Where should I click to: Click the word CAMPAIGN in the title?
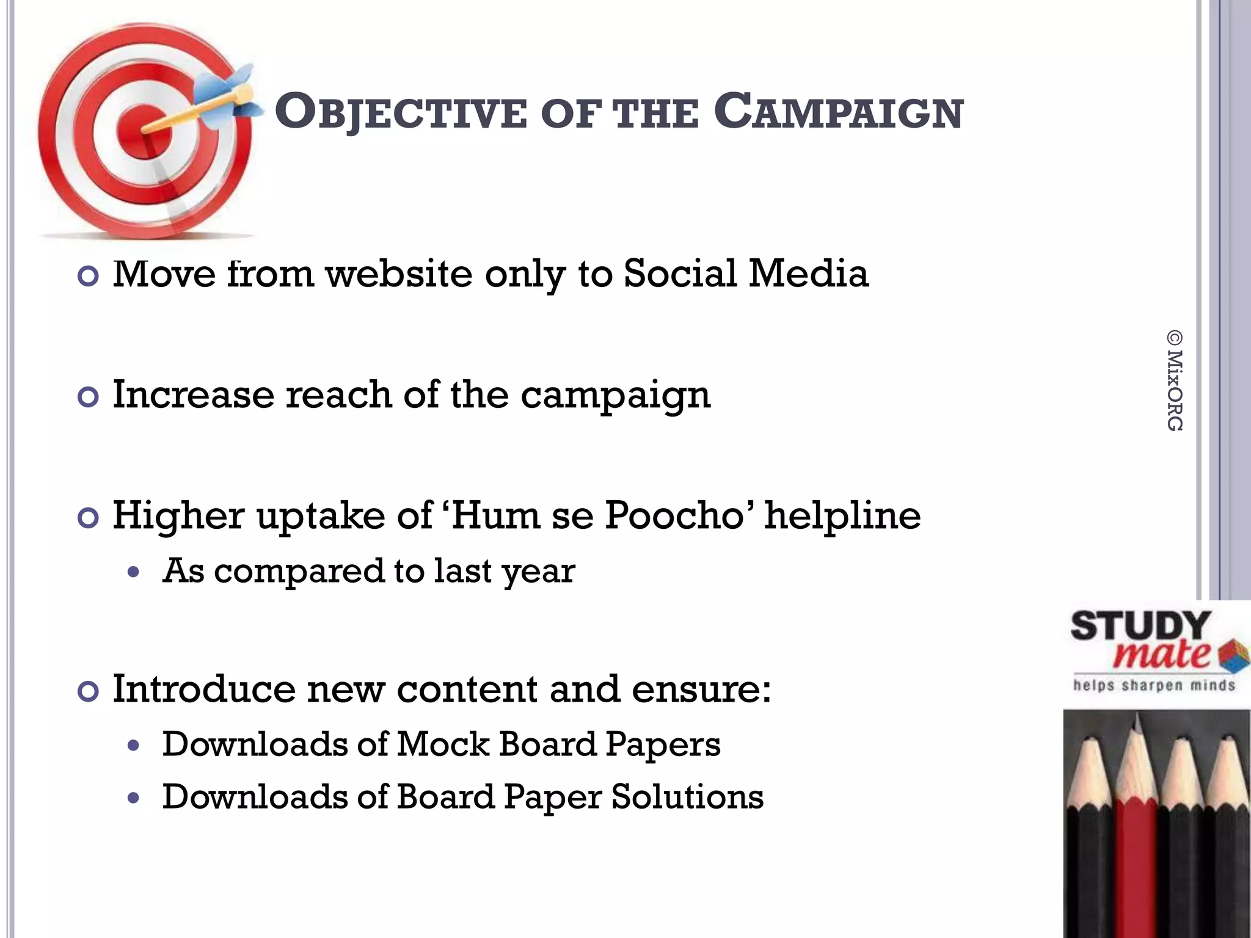pyautogui.click(x=838, y=113)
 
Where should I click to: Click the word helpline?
pyautogui.click(x=843, y=515)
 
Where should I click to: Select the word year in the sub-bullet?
pyautogui.click(x=538, y=572)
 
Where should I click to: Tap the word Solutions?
pyautogui.click(x=687, y=797)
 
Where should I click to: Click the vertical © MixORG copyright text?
pyautogui.click(x=1174, y=380)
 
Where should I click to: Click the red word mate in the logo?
pyautogui.click(x=1161, y=655)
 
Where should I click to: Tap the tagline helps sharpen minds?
pyautogui.click(x=1154, y=685)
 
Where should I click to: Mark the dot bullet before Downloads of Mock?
pyautogui.click(x=134, y=746)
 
